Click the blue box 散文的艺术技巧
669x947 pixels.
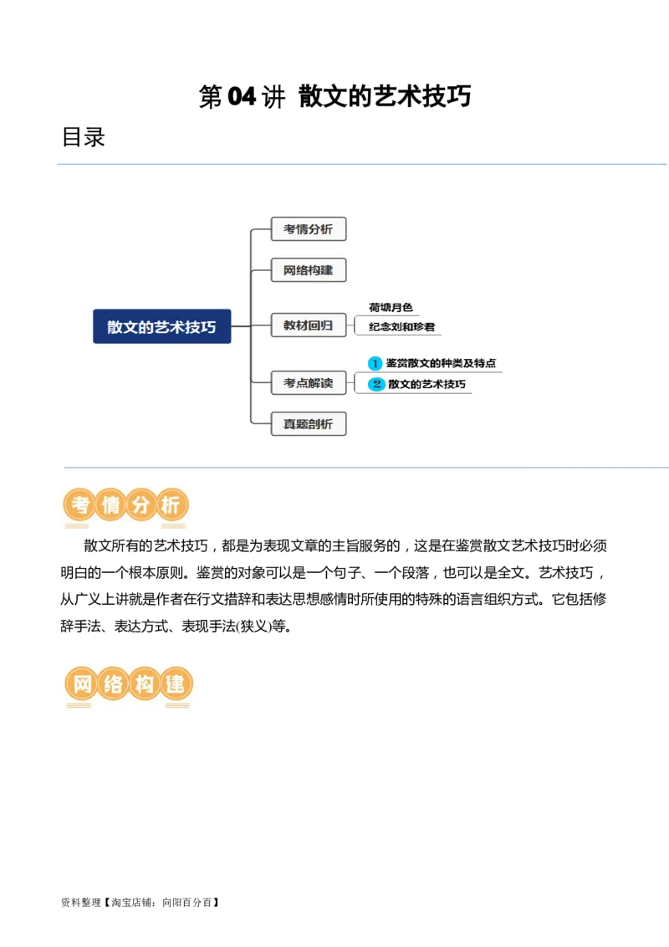coord(161,326)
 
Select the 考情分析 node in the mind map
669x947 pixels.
coord(308,229)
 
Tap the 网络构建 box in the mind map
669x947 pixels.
coord(308,270)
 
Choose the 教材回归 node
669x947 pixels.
coord(308,325)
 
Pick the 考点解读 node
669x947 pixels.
coord(308,383)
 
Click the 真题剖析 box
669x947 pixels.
coord(308,424)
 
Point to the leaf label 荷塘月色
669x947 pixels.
coord(391,308)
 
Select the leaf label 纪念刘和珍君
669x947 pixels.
coord(402,327)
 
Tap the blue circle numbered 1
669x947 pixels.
coord(375,364)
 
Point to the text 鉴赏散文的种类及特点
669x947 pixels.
coord(441,364)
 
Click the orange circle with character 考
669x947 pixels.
coord(80,505)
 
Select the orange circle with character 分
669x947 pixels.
coord(141,505)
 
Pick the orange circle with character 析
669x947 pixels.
coord(171,505)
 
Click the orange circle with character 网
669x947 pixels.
coord(82,685)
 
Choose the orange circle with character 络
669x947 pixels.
coord(113,685)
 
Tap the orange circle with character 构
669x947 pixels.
coord(143,685)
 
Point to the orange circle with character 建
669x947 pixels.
coord(174,685)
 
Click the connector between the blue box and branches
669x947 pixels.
coord(241,326)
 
